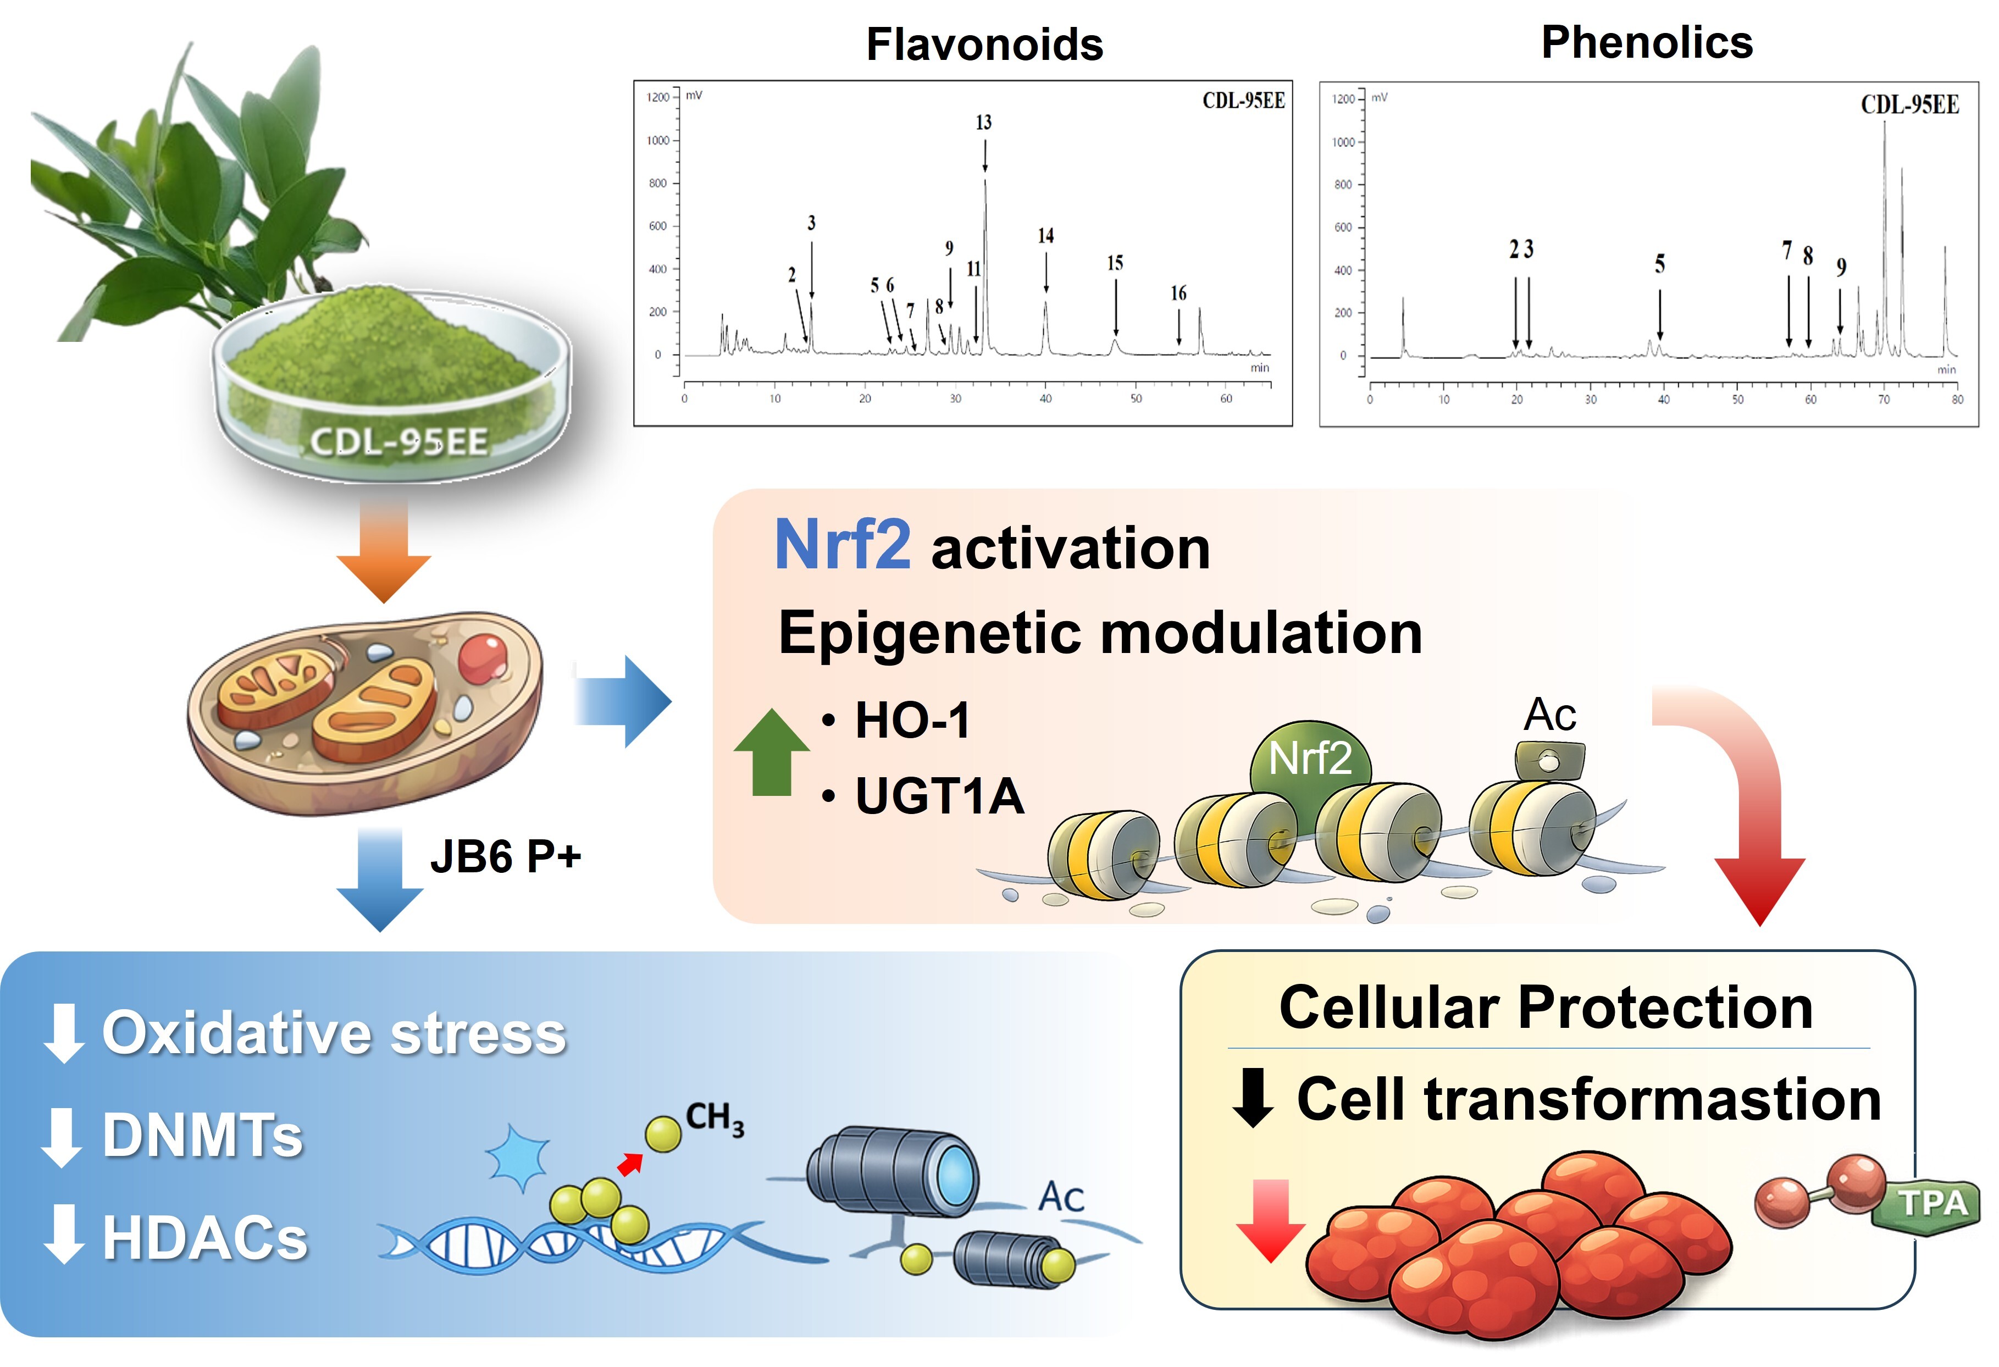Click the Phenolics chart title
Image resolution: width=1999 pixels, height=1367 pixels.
[1646, 43]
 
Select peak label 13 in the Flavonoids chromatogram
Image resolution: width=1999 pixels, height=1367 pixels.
[983, 123]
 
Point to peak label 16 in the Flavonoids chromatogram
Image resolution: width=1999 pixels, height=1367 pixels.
[1177, 294]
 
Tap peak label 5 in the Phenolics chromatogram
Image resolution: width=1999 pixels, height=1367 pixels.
[1659, 264]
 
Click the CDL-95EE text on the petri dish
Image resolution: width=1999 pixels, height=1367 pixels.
[398, 442]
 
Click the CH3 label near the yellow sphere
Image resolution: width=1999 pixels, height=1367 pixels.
[714, 1119]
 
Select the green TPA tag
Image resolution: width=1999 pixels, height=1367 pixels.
[1932, 1203]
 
